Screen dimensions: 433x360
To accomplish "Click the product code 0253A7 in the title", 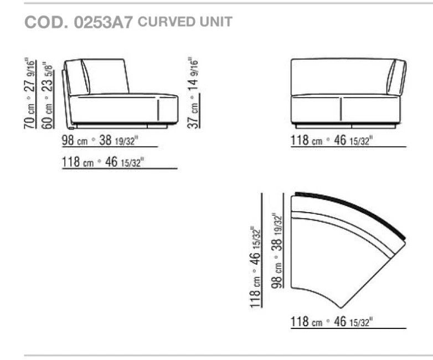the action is (x=104, y=22).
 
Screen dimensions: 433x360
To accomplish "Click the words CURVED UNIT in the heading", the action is (x=185, y=22).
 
